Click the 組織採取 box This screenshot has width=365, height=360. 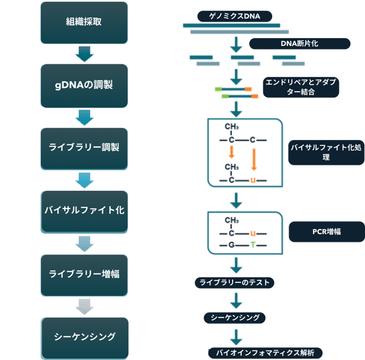pos(84,23)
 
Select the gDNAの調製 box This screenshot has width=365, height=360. pos(84,86)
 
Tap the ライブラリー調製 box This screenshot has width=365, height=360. pos(84,149)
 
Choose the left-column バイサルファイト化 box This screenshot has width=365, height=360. pos(85,212)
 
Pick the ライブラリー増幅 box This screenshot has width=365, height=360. pos(84,275)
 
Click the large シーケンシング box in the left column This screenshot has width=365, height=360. pos(85,338)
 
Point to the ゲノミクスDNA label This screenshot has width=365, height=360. pos(235,17)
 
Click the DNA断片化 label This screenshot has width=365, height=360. pos(300,43)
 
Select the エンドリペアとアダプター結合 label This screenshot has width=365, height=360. pos(301,87)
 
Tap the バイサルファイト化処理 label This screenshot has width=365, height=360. pos(326,153)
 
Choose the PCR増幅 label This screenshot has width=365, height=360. pos(327,232)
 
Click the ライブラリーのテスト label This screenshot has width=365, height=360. pos(235,282)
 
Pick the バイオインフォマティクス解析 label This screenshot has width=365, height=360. pos(265,353)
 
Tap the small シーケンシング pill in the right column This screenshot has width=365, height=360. pos(235,318)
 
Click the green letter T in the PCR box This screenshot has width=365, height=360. pos(253,245)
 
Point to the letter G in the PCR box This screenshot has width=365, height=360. pos(231,245)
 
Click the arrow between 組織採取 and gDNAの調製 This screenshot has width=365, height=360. pos(85,54)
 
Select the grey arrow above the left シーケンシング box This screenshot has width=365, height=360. pos(85,307)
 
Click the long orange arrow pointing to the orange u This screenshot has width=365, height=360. pos(254,160)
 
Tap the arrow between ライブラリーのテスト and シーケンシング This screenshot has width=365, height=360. pos(236,301)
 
